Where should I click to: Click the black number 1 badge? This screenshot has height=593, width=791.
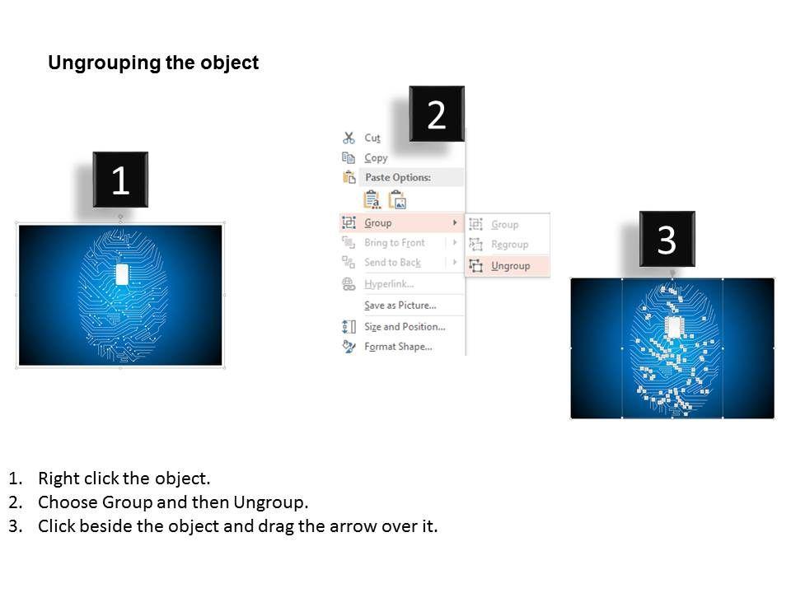[x=120, y=180]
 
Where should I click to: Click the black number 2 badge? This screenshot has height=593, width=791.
[x=437, y=114]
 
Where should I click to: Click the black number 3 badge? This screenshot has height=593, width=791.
[x=667, y=239]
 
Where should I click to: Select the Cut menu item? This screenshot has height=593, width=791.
[x=372, y=138]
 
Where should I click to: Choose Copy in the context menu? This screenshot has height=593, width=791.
[x=376, y=158]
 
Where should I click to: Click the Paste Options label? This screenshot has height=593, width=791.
[x=398, y=177]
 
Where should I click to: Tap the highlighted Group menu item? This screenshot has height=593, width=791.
[x=378, y=222]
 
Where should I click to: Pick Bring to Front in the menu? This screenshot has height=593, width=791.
[x=395, y=243]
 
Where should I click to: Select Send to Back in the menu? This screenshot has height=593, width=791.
[x=392, y=263]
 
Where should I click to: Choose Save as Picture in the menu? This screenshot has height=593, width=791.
[x=400, y=306]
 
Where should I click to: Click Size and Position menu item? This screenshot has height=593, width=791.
[x=405, y=327]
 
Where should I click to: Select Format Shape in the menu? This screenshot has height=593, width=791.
[x=398, y=347]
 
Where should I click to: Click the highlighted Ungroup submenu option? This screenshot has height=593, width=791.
[x=510, y=266]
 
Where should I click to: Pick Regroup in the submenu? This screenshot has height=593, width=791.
[x=509, y=245]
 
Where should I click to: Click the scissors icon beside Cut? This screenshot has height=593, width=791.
[x=349, y=138]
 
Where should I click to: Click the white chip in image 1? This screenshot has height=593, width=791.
[x=122, y=275]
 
